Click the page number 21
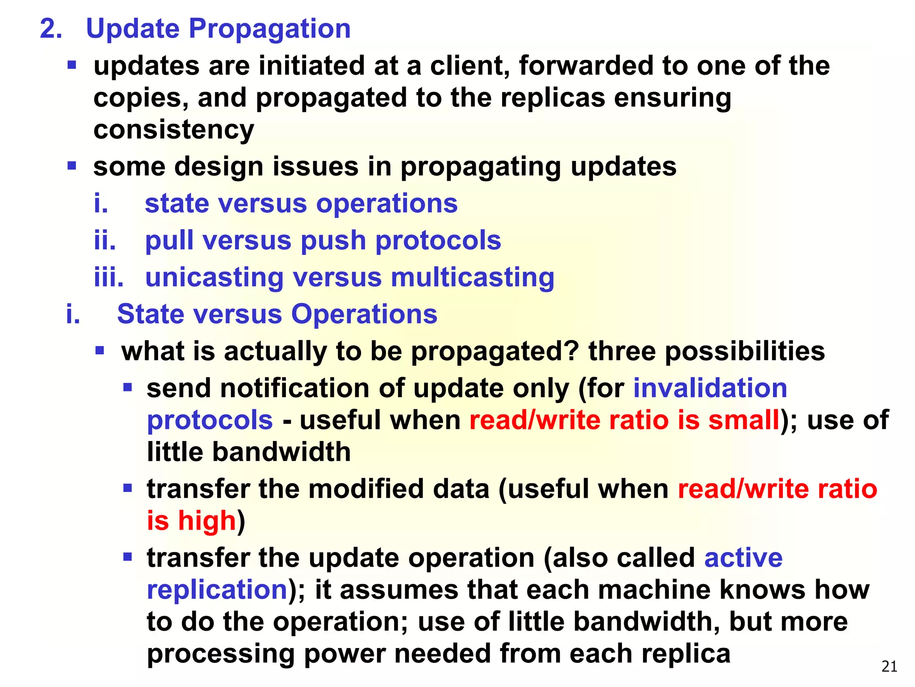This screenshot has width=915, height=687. pos(889,666)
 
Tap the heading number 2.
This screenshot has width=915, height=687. pos(50,29)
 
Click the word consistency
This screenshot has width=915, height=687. pos(174,130)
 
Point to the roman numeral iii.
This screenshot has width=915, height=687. pos(109,277)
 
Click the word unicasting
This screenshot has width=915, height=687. pos(214,277)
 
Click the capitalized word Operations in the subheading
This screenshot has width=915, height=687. pos(364,314)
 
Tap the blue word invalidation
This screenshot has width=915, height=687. pos(710,388)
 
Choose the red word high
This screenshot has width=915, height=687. pos(206,521)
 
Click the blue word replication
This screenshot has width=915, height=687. pos(217,589)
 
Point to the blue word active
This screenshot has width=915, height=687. pos(743,558)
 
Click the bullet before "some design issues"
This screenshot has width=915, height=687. pos(72,166)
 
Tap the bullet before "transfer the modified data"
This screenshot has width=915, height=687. pos(128,488)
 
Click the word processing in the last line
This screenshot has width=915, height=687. pos(221,654)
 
